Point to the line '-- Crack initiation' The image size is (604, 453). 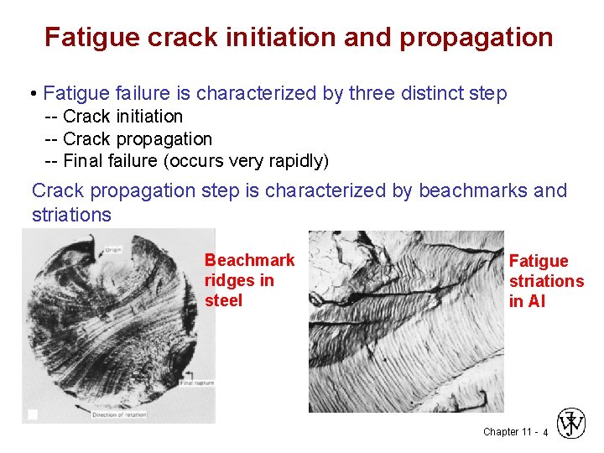[x=113, y=116]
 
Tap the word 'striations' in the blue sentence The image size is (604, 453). [x=71, y=215]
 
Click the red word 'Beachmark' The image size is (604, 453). [x=249, y=260]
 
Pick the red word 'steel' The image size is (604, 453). [x=223, y=300]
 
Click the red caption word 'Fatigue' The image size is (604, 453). [x=539, y=261]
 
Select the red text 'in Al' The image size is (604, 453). [x=527, y=301]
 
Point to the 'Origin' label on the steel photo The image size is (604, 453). [x=115, y=248]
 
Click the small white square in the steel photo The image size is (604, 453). [x=33, y=414]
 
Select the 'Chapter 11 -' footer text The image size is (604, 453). [x=508, y=432]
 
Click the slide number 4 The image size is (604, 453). [x=545, y=433]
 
